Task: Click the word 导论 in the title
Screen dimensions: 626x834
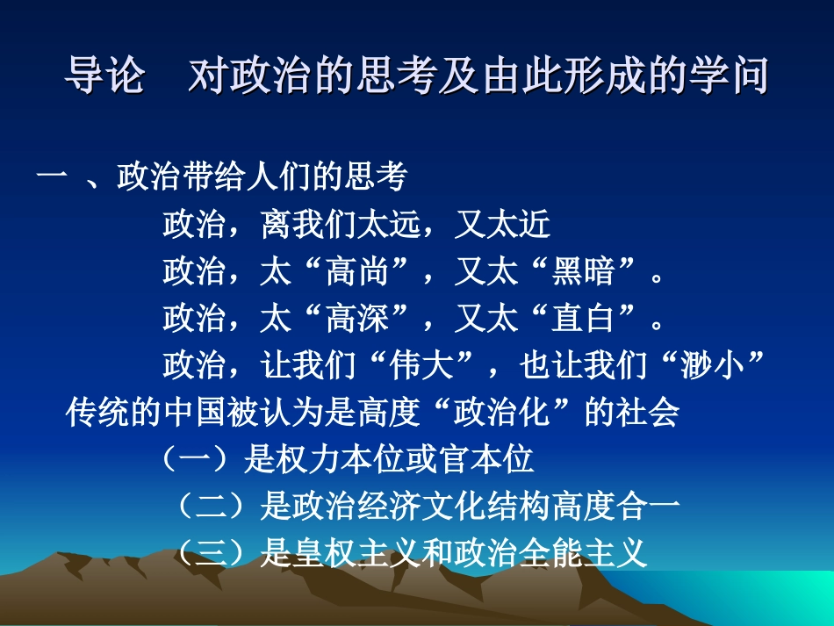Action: coord(103,76)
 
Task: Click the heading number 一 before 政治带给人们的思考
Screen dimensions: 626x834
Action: coord(52,179)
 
